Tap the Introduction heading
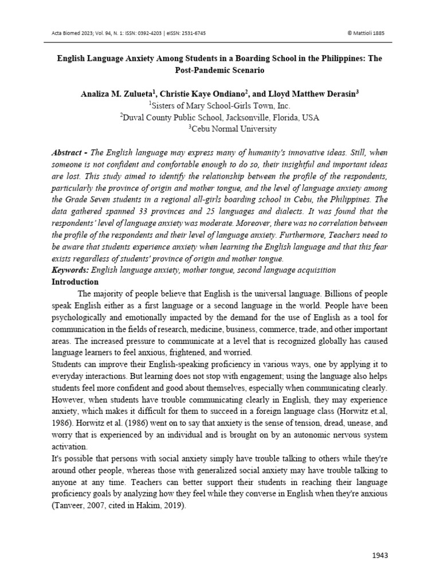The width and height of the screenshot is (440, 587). coord(75,282)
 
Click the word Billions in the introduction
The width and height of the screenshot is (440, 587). coord(320,294)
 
